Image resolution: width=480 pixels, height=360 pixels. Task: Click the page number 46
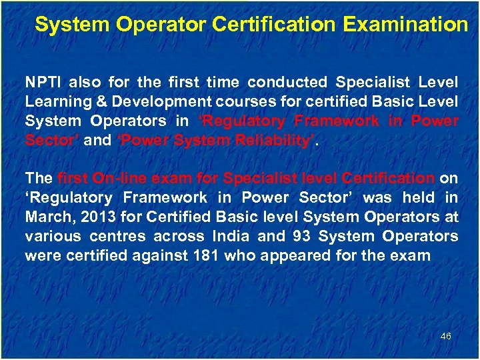tap(446, 336)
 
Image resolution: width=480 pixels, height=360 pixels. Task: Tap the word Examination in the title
tap(405, 25)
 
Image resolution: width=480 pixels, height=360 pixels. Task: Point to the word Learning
tap(53, 102)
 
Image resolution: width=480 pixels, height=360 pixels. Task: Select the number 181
tap(205, 256)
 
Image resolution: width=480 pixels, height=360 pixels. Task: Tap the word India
tap(234, 237)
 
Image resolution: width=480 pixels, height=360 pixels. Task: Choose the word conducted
tap(287, 83)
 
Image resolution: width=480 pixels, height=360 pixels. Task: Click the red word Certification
tap(387, 179)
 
